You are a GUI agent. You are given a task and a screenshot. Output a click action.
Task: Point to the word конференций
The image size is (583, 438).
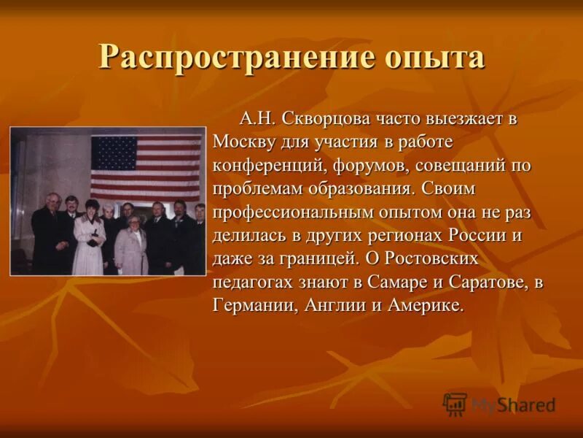(267, 165)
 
